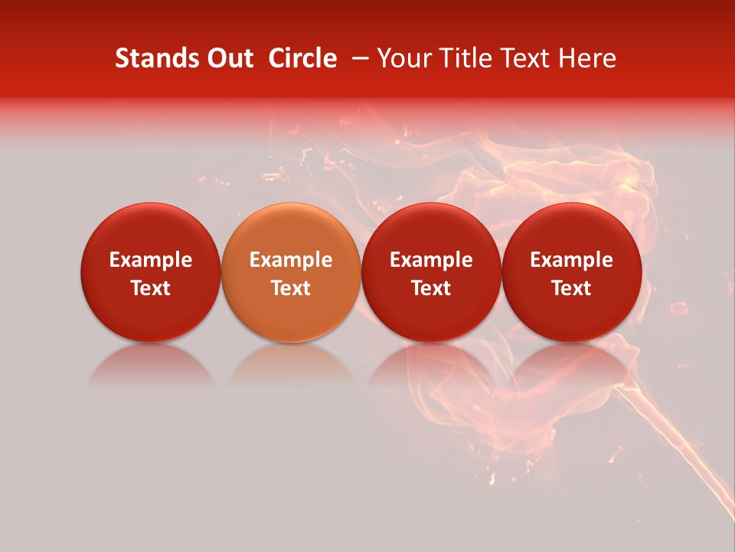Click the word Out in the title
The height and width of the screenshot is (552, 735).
pyautogui.click(x=227, y=58)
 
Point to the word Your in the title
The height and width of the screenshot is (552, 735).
pyautogui.click(x=403, y=58)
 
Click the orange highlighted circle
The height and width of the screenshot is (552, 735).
pyautogui.click(x=290, y=272)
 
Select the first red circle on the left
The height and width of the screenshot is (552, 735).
pyautogui.click(x=150, y=272)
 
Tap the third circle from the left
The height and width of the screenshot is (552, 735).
pyautogui.click(x=431, y=272)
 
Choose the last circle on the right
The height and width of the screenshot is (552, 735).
pyautogui.click(x=571, y=272)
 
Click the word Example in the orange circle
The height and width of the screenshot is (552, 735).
pyautogui.click(x=290, y=260)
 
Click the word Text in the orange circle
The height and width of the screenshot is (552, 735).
pyautogui.click(x=290, y=288)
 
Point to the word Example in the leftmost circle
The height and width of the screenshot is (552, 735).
pyautogui.click(x=150, y=260)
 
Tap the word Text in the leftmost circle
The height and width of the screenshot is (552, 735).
pyautogui.click(x=150, y=288)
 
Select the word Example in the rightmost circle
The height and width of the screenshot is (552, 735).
pyautogui.click(x=571, y=260)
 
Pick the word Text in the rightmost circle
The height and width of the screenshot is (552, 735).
pyautogui.click(x=571, y=288)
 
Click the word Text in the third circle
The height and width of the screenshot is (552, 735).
pyautogui.click(x=431, y=288)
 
